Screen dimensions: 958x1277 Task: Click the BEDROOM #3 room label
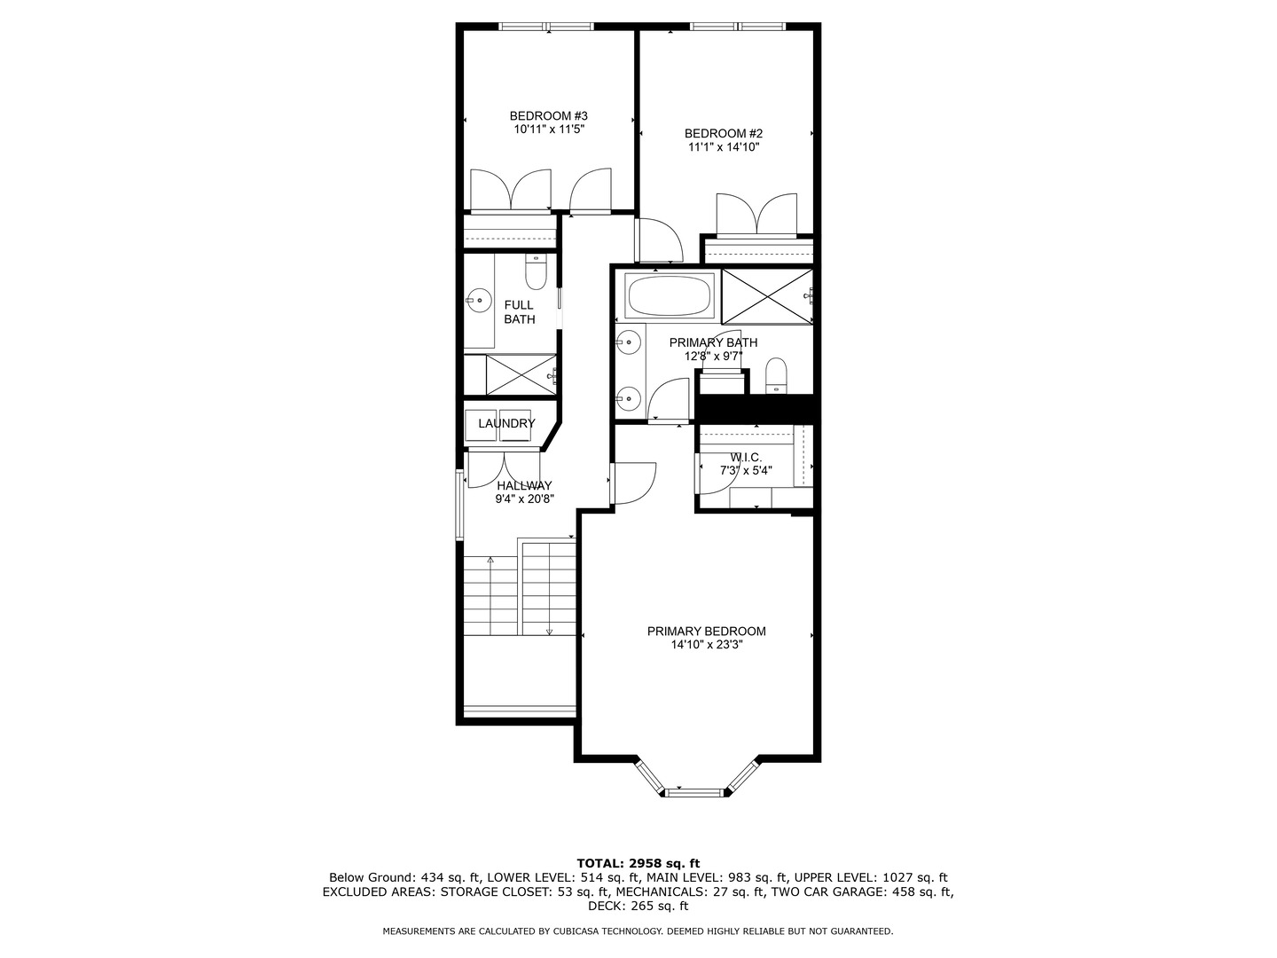coord(548,115)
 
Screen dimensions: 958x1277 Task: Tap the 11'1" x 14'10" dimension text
coord(724,147)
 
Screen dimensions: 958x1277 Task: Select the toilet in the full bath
coord(536,272)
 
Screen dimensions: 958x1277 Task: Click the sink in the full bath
coord(479,301)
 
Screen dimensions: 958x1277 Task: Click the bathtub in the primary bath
coord(670,295)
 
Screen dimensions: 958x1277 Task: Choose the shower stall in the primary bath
coord(766,295)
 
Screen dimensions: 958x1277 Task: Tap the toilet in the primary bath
coord(776,374)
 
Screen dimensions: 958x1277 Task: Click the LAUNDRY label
coord(506,424)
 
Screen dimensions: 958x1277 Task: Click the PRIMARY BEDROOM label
coord(706,632)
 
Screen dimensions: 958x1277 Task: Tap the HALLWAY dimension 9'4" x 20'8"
coord(524,499)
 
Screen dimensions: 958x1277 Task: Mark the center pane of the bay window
coord(695,789)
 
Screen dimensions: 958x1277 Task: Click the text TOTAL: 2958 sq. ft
coord(638,862)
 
